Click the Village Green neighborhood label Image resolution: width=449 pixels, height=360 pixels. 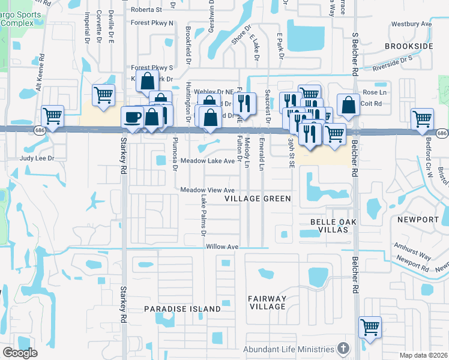[x=258, y=199]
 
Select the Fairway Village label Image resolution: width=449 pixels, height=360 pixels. [x=268, y=302]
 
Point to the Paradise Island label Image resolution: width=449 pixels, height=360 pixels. [x=182, y=309]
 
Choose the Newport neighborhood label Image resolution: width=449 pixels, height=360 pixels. [x=418, y=220]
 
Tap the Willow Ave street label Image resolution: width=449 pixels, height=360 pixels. [x=222, y=247]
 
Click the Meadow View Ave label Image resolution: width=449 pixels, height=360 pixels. [x=207, y=190]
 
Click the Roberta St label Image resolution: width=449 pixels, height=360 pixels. [x=146, y=10]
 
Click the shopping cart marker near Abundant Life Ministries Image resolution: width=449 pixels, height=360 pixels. [x=370, y=328]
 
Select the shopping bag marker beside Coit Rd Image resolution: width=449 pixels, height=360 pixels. [x=349, y=104]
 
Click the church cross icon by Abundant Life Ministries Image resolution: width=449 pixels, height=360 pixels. [x=343, y=349]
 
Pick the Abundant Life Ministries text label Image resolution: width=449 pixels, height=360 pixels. [x=288, y=349]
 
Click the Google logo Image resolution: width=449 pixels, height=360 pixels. [x=19, y=353]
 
